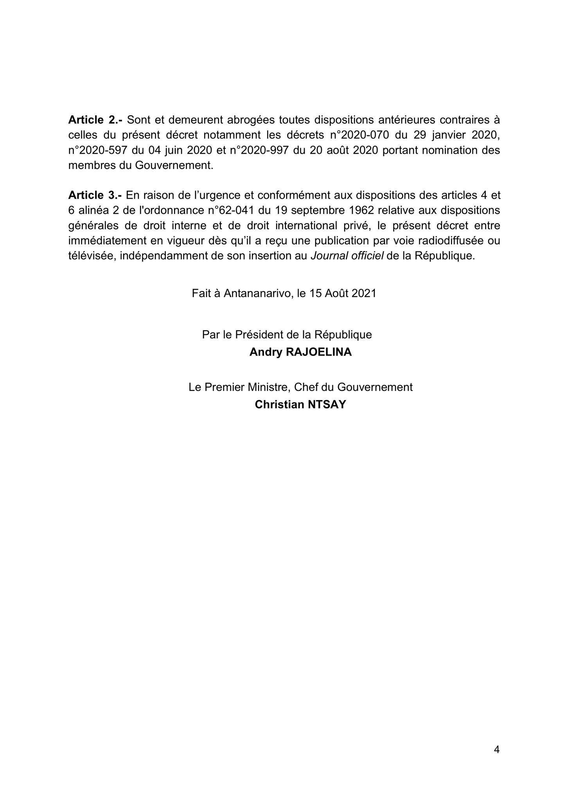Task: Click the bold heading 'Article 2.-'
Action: [95, 119]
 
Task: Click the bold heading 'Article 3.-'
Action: [95, 195]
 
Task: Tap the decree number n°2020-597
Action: [98, 150]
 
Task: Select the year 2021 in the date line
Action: [363, 293]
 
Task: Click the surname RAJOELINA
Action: [319, 352]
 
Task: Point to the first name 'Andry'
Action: [266, 352]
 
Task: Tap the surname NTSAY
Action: [327, 404]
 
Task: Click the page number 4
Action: [497, 750]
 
